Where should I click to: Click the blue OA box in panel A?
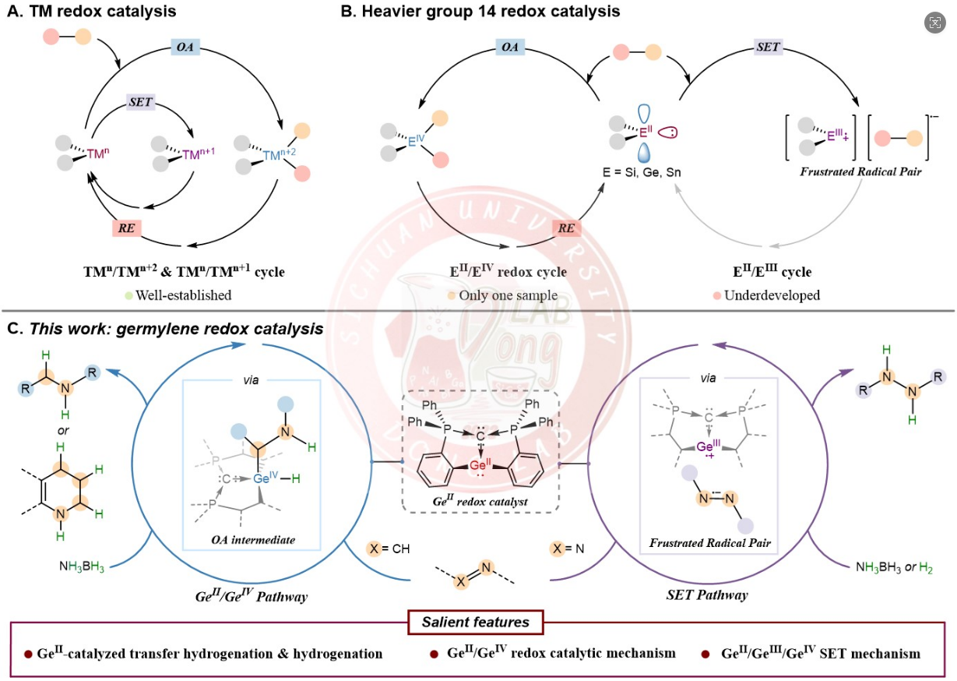(x=188, y=48)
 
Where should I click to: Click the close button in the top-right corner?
(x=934, y=23)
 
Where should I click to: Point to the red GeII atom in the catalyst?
(x=481, y=465)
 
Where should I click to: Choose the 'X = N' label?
(x=567, y=549)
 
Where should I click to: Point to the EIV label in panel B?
(x=418, y=140)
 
